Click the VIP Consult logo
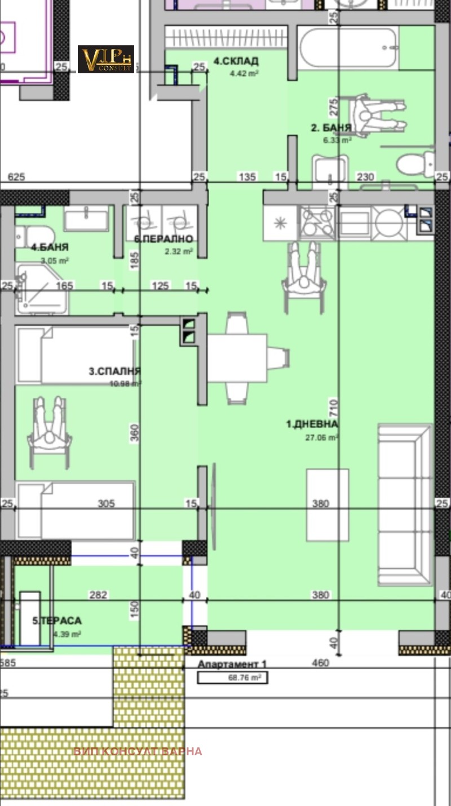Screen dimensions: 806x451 point(106,59)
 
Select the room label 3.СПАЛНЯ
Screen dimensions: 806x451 point(114,371)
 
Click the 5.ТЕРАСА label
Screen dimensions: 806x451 point(57,621)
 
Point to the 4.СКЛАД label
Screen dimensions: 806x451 point(236,61)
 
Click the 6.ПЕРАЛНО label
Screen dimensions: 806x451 point(163,239)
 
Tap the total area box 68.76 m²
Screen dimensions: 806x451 point(232,678)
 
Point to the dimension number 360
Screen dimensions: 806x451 point(134,433)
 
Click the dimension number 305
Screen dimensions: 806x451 point(106,504)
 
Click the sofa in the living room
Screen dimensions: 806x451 point(404,504)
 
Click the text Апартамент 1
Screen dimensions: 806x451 point(232,664)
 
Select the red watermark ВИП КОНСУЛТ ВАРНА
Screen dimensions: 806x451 point(138,751)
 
